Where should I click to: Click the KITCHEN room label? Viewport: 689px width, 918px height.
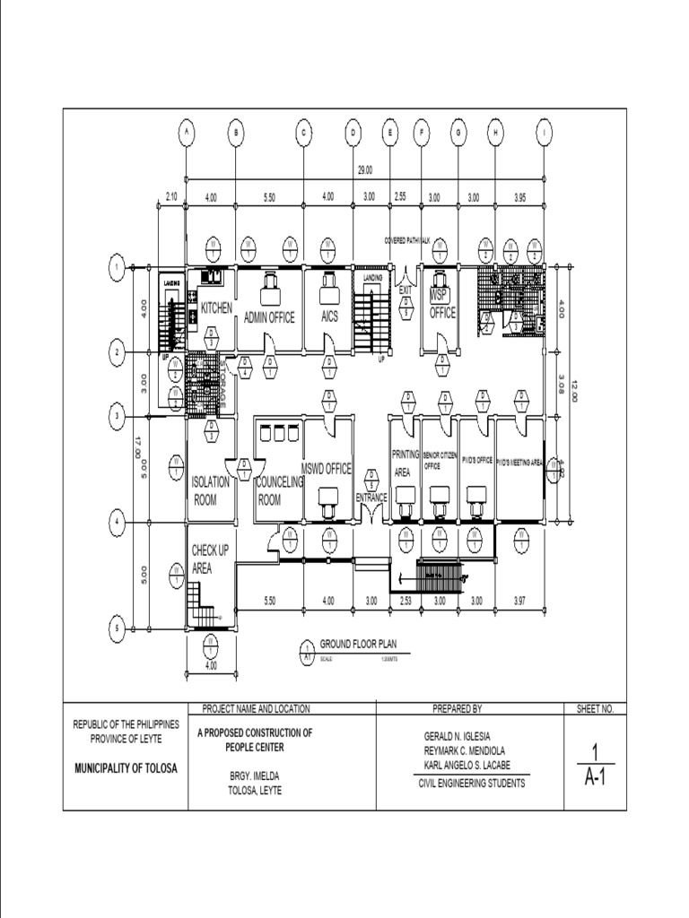pyautogui.click(x=216, y=307)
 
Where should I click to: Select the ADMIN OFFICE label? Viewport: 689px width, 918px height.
pyautogui.click(x=269, y=317)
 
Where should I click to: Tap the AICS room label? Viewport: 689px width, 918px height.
pyautogui.click(x=329, y=317)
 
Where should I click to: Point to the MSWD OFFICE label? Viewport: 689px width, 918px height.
pyautogui.click(x=327, y=469)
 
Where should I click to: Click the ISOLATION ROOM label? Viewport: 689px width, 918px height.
pyautogui.click(x=211, y=490)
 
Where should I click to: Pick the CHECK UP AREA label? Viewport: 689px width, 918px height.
pyautogui.click(x=206, y=559)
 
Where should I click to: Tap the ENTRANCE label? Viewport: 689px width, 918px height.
pyautogui.click(x=371, y=498)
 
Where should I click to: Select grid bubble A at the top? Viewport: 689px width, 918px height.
pyautogui.click(x=186, y=133)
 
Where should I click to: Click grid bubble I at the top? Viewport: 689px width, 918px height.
pyautogui.click(x=544, y=133)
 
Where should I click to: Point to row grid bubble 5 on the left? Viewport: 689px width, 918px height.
pyautogui.click(x=117, y=629)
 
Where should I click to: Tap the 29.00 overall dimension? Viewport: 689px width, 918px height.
pyautogui.click(x=365, y=169)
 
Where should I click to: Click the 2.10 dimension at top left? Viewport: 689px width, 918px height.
pyautogui.click(x=172, y=196)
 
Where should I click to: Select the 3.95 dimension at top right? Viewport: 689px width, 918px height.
pyautogui.click(x=520, y=196)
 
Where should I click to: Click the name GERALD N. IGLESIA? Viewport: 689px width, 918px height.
pyautogui.click(x=457, y=736)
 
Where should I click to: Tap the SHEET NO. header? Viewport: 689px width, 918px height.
pyautogui.click(x=595, y=708)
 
